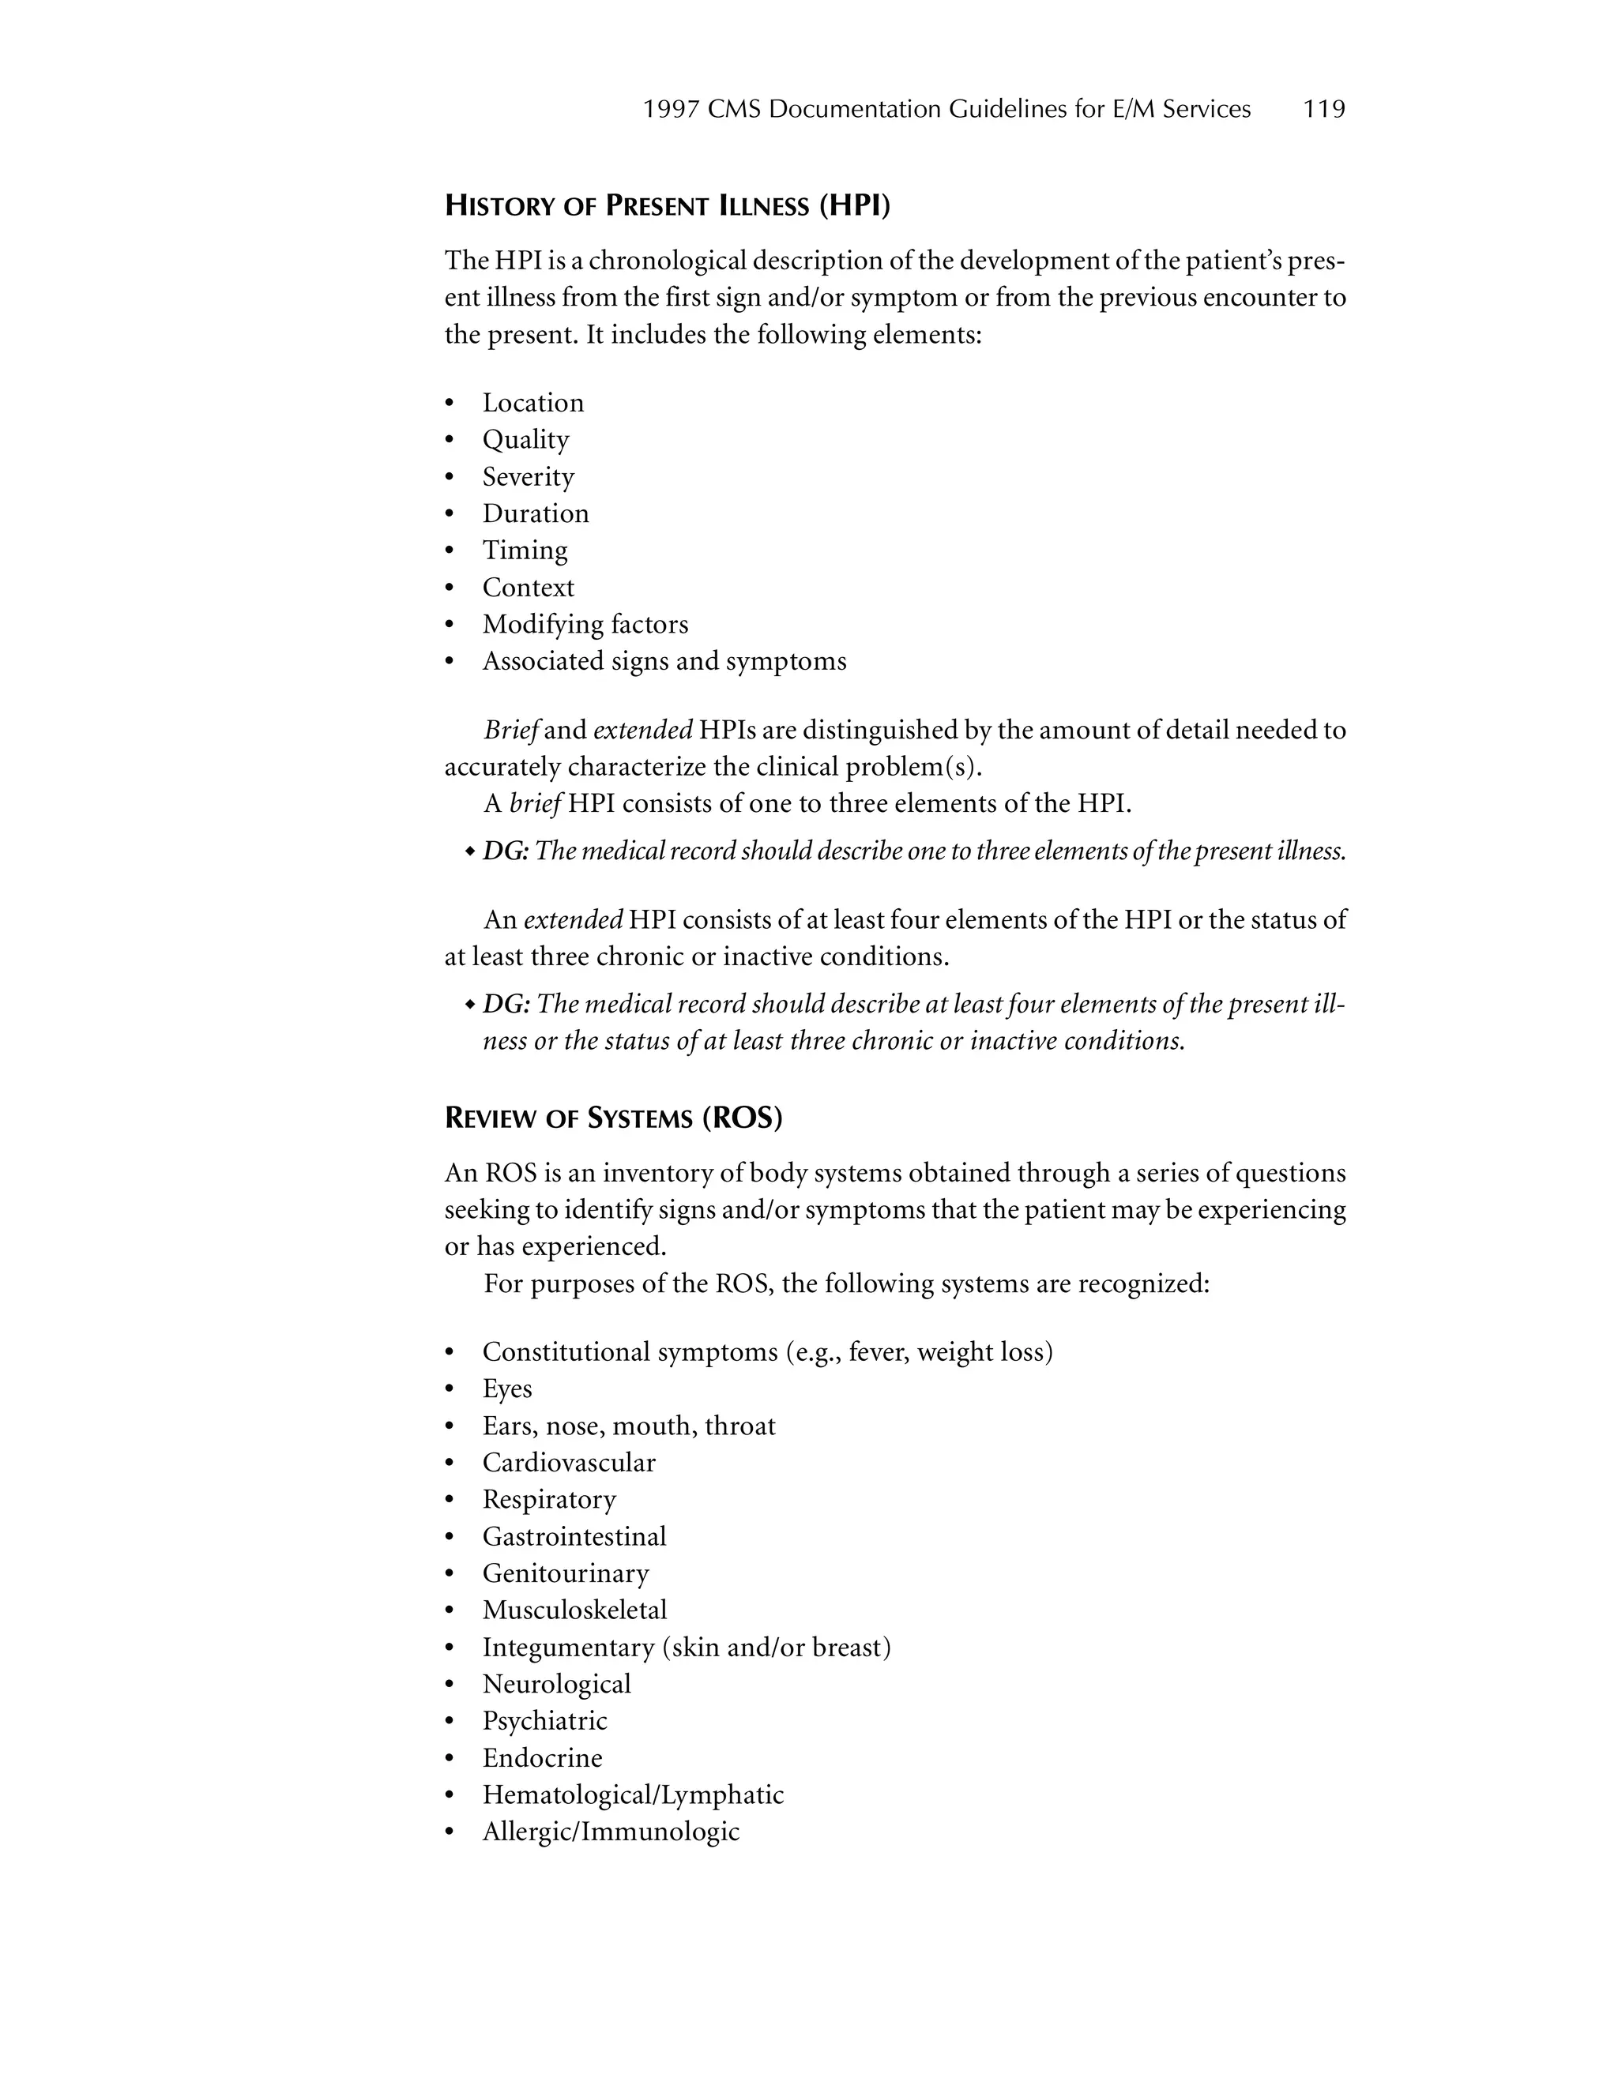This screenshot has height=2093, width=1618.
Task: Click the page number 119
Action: point(1324,109)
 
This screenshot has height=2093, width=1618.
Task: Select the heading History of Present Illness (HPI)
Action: point(667,206)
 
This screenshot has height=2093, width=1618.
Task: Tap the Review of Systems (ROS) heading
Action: point(613,1118)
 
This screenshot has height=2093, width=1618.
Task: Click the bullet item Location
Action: point(533,403)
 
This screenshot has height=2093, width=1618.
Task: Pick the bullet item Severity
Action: point(529,476)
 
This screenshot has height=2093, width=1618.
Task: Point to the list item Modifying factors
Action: point(585,624)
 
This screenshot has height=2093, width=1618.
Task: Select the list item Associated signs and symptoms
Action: point(664,661)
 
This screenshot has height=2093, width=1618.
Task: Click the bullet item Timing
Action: point(525,550)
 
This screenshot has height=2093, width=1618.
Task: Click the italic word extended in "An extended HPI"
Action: point(574,920)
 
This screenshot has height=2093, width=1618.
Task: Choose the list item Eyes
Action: point(507,1388)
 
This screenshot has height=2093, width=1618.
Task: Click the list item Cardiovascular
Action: point(568,1463)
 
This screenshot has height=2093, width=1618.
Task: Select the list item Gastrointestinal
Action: point(574,1536)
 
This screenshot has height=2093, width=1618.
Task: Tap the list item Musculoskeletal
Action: point(574,1610)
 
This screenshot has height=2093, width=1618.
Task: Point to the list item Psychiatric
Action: point(544,1720)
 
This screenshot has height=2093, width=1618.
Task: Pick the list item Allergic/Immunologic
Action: point(611,1832)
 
